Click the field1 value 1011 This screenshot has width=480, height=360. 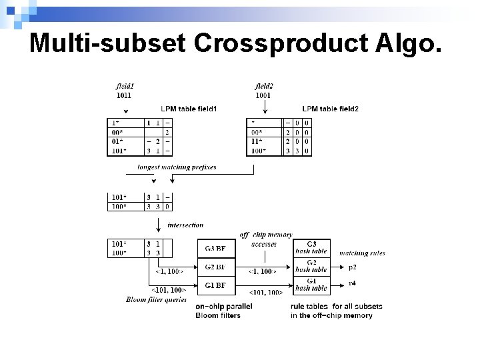[124, 95]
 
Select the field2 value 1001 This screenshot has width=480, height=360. [263, 95]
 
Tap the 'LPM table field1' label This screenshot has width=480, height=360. [189, 109]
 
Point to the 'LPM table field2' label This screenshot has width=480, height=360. [330, 109]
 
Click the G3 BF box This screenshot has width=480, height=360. [217, 249]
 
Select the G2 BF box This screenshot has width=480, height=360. [217, 267]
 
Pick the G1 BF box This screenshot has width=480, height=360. [217, 285]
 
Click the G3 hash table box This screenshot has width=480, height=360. [311, 248]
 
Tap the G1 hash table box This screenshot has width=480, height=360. [311, 285]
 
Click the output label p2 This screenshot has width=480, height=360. [352, 267]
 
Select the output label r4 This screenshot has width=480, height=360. [352, 283]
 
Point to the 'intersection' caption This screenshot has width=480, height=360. [185, 225]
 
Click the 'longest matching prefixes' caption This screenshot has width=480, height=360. [177, 167]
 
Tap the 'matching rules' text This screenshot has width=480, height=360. [362, 253]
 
